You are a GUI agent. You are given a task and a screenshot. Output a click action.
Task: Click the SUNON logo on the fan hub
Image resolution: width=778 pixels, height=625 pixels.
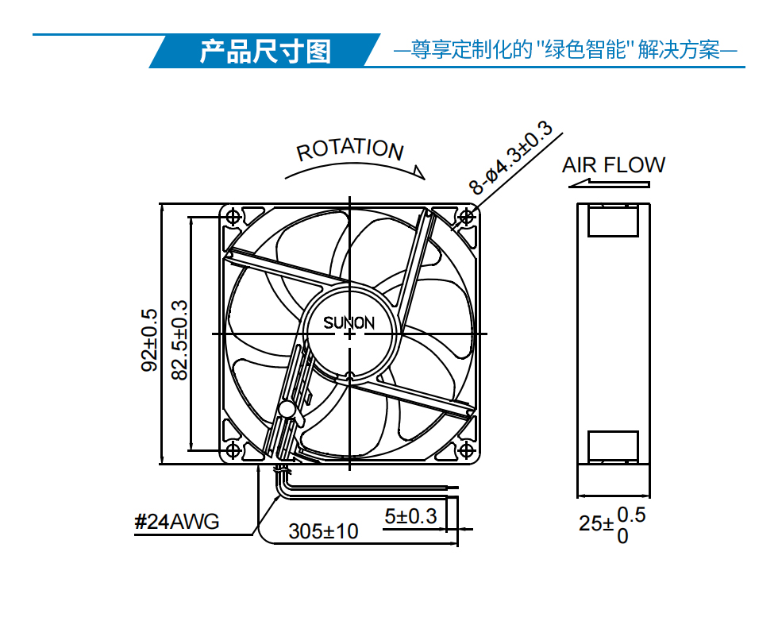349,323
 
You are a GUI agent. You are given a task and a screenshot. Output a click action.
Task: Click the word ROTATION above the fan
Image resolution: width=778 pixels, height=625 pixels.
350,149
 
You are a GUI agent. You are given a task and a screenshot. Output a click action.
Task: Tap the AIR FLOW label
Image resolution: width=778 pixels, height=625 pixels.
613,165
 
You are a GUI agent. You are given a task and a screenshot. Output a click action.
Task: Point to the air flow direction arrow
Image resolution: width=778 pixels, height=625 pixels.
609,184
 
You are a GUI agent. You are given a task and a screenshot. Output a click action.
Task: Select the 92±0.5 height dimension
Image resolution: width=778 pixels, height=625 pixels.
149,340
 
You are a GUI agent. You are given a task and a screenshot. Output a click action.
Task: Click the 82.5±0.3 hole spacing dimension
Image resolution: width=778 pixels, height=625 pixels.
179,340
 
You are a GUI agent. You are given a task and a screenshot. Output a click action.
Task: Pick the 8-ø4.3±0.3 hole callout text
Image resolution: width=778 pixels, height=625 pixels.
510,157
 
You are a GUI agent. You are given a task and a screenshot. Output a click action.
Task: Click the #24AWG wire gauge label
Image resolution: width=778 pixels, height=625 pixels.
176,522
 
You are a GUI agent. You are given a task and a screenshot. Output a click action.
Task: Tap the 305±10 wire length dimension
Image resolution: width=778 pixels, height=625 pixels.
323,531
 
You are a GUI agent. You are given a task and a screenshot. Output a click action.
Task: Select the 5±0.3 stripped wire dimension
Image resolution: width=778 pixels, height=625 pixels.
410,517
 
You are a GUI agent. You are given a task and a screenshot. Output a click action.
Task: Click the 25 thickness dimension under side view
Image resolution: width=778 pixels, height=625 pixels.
612,525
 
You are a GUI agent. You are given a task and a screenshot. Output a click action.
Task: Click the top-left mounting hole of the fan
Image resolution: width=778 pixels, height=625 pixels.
233,217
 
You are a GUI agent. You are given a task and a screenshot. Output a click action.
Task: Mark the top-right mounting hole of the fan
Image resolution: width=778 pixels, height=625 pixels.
467,217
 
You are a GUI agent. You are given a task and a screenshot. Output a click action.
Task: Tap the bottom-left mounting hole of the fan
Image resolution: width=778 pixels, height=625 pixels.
233,451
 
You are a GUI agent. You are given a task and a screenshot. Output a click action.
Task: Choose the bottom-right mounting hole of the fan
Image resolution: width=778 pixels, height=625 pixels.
467,451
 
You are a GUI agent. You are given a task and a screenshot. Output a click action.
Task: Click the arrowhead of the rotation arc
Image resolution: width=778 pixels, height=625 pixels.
420,172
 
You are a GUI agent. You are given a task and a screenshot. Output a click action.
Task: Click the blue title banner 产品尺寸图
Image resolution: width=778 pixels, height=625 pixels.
265,51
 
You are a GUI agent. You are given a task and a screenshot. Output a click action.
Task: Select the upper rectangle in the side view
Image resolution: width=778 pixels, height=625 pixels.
613,221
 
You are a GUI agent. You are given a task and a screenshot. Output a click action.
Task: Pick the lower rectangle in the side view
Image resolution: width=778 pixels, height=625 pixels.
613,447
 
